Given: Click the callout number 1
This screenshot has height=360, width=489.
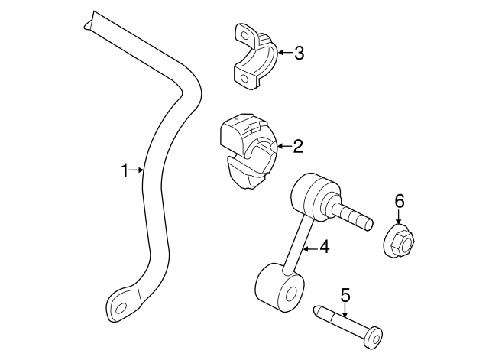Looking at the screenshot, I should tap(126, 170).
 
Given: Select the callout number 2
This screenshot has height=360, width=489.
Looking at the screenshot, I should tap(298, 144).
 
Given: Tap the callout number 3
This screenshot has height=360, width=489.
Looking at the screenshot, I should tap(299, 53).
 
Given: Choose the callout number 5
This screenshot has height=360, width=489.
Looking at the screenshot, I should tap(345, 294).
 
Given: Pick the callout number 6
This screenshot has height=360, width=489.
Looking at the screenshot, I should tap(399, 201).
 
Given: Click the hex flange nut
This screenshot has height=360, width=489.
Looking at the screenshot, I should tap(398, 243).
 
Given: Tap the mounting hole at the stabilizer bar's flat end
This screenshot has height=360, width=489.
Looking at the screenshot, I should tap(119, 309).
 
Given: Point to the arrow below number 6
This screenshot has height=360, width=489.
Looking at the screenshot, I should tap(399, 218).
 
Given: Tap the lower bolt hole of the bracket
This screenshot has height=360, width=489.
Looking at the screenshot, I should tap(244, 78).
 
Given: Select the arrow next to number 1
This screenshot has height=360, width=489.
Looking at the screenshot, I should tap(138, 170).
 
